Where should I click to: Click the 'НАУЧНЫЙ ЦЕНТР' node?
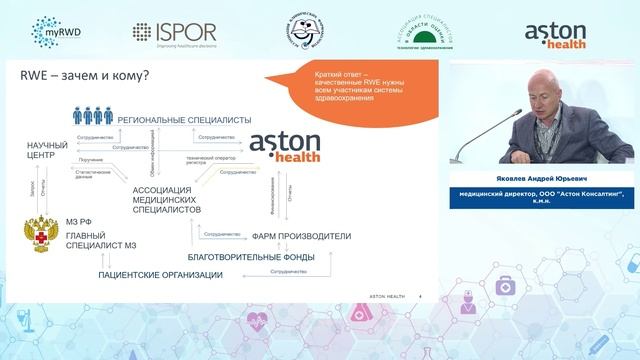point(45,152)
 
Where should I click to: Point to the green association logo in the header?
point(427,32)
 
